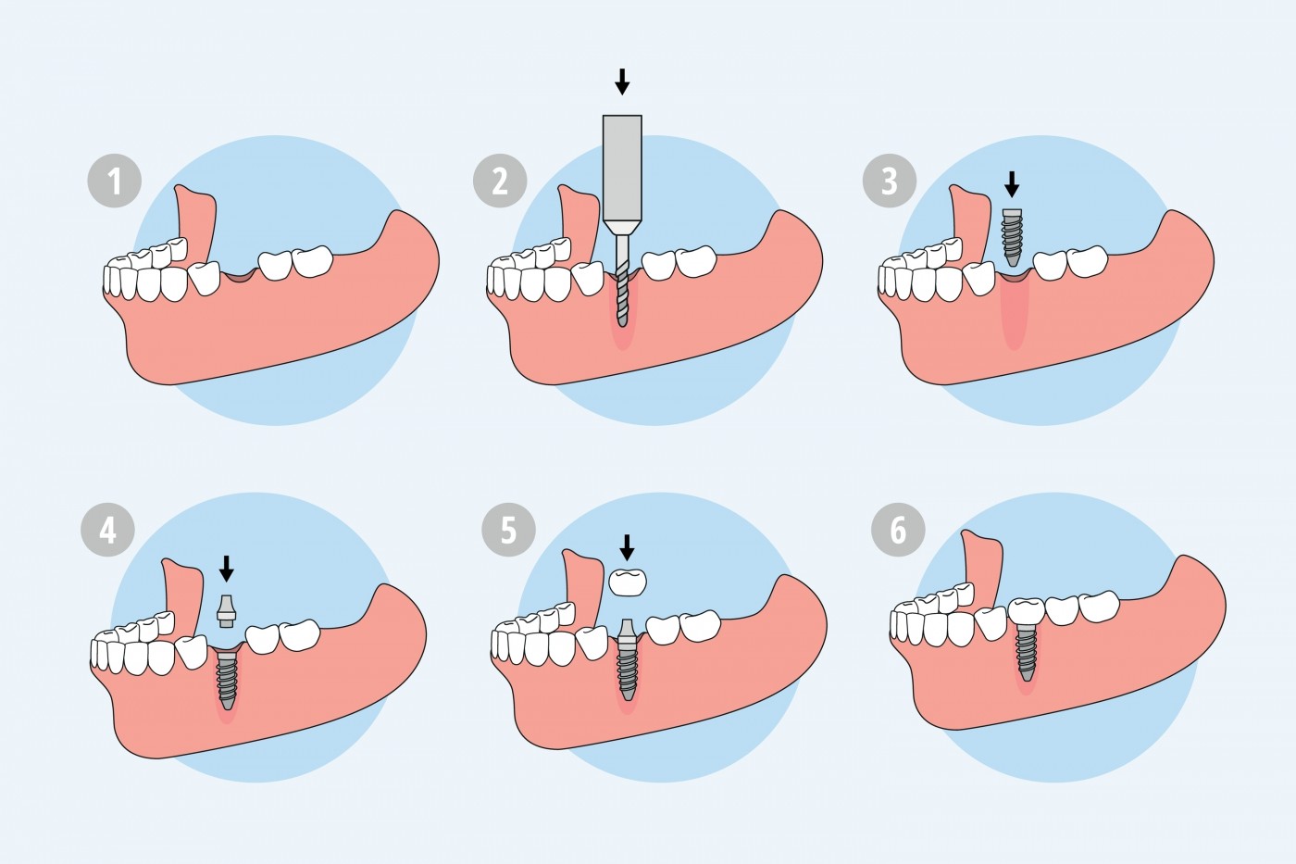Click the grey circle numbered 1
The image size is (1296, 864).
(x=115, y=182)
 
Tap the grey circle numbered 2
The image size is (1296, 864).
(x=500, y=182)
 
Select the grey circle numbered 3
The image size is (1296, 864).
(x=890, y=182)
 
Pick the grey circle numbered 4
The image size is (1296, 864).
(x=107, y=530)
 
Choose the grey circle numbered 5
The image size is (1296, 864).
(x=508, y=530)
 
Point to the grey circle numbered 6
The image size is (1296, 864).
(x=898, y=530)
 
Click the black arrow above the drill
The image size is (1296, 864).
(x=622, y=81)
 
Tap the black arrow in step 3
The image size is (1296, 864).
(x=1012, y=184)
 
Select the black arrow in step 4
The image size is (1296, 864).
(x=227, y=569)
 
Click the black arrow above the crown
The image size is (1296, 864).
(x=627, y=547)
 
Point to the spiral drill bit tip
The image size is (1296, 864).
(x=622, y=324)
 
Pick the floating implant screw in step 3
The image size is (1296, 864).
(x=1012, y=237)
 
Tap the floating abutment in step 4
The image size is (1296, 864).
(x=226, y=611)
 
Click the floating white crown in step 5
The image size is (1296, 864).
(x=629, y=582)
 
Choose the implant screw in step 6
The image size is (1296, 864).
(x=1027, y=653)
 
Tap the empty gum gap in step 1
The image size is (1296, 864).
(x=240, y=277)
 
